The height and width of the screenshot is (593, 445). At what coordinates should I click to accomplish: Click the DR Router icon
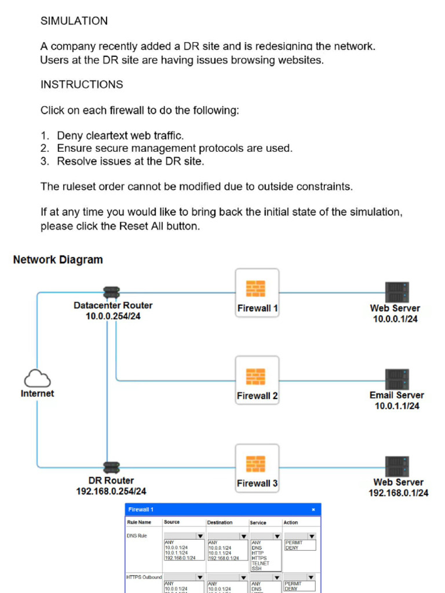tap(111, 467)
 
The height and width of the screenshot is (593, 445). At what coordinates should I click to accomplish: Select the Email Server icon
tap(397, 379)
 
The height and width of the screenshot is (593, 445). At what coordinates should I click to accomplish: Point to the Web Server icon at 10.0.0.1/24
tap(397, 292)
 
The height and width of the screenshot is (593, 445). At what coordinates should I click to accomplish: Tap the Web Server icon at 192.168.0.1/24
tap(397, 466)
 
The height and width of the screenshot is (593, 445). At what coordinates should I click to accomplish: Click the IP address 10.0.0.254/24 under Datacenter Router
tap(113, 316)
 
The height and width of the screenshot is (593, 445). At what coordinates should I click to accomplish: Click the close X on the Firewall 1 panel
tap(313, 510)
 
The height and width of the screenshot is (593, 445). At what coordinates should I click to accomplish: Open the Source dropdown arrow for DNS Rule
tap(200, 536)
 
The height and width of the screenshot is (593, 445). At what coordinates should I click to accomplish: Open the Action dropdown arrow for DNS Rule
tap(311, 536)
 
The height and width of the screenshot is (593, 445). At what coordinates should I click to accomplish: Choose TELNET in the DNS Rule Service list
tap(261, 563)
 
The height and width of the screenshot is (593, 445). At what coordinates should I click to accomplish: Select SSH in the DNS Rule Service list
tap(257, 568)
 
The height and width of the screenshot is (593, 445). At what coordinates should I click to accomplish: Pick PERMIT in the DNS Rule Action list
tap(294, 543)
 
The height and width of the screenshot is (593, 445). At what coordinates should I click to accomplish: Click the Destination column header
tap(220, 522)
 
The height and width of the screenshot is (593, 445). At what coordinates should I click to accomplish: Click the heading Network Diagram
tap(58, 260)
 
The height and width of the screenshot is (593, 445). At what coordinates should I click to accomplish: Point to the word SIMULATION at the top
tap(74, 21)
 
